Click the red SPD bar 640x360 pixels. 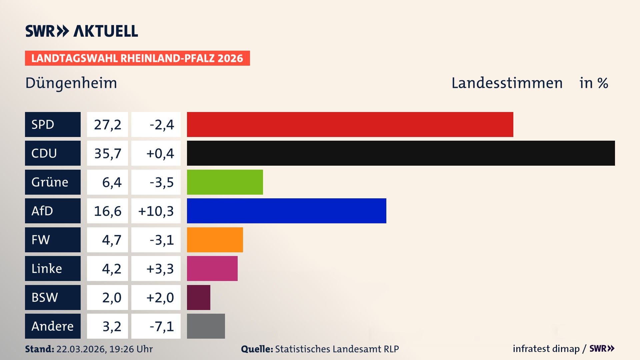(350, 124)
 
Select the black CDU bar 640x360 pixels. (401, 153)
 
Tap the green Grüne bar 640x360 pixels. (225, 182)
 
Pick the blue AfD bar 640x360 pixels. (286, 211)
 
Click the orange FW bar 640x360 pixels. (215, 240)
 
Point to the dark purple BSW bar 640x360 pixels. (198, 297)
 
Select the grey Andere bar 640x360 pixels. (206, 326)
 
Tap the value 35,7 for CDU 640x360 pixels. (107, 153)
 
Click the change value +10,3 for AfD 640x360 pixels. (156, 211)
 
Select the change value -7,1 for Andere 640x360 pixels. (162, 326)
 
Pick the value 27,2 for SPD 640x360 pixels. (107, 125)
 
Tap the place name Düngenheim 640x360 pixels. (71, 83)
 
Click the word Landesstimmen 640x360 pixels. (507, 83)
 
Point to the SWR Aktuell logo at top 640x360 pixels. (82, 31)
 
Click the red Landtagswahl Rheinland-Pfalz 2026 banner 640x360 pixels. (137, 58)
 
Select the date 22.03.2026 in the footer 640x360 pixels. (81, 349)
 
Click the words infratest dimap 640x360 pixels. (546, 349)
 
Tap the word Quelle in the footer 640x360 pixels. (257, 349)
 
